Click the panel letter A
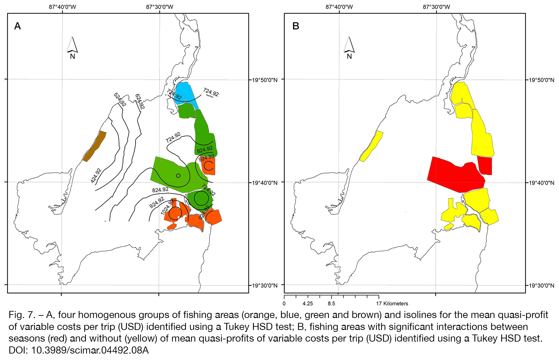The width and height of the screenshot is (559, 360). pyautogui.click(x=17, y=26)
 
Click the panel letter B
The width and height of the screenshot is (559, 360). pyautogui.click(x=296, y=26)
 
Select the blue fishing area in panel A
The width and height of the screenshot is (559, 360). pyautogui.click(x=187, y=92)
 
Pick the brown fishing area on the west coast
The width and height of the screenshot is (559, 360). pyautogui.click(x=94, y=146)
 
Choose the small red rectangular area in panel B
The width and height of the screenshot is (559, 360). pyautogui.click(x=485, y=166)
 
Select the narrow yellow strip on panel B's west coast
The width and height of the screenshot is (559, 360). pyautogui.click(x=371, y=146)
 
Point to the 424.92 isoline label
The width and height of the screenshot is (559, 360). pyautogui.click(x=96, y=176)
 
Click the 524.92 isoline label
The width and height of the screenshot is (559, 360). pyautogui.click(x=120, y=99)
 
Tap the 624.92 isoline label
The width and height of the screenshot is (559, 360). pyautogui.click(x=140, y=101)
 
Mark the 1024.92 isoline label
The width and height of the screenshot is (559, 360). pyautogui.click(x=168, y=207)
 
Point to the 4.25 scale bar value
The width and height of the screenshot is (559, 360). pyautogui.click(x=308, y=303)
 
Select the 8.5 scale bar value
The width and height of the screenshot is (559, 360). pyautogui.click(x=331, y=303)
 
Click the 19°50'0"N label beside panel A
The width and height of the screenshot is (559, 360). pyautogui.click(x=264, y=80)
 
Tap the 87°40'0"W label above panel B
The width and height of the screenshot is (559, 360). pyautogui.click(x=339, y=7)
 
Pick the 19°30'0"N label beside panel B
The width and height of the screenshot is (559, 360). pyautogui.click(x=541, y=285)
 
